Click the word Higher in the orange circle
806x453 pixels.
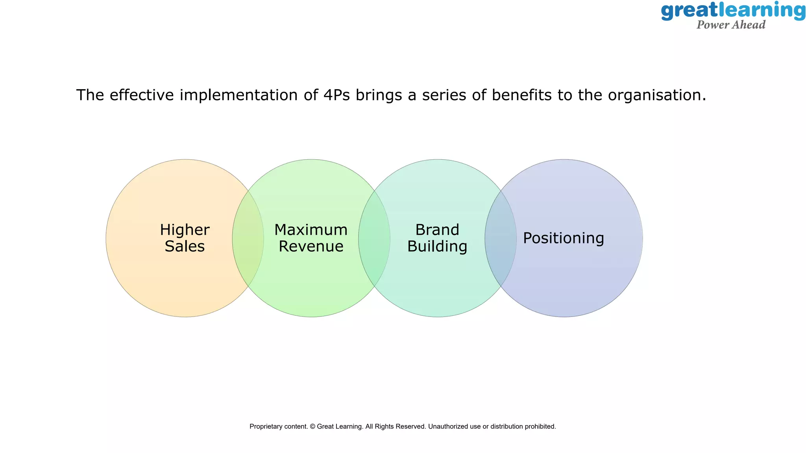185,230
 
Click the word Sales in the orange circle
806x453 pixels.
185,247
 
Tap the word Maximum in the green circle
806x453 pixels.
311,230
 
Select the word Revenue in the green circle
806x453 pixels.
311,247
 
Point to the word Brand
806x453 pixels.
437,230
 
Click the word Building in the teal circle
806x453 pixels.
437,247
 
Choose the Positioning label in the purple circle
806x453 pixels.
563,238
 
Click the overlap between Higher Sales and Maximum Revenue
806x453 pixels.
248,238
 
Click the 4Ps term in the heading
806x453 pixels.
336,95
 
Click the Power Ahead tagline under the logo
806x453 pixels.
731,25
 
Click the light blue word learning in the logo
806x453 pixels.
762,11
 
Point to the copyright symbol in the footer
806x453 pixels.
312,426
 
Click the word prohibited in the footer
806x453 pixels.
541,426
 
